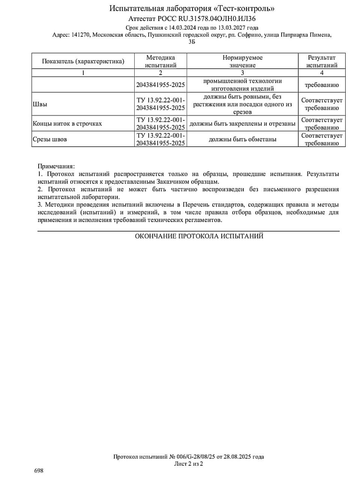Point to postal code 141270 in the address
80,35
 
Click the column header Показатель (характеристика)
83,61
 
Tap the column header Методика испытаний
160,61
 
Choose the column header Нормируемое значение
242,61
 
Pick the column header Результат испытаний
322,61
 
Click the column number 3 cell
242,73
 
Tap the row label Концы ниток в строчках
67,123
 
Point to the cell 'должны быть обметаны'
242,139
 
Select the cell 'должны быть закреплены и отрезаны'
242,123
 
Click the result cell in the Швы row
322,104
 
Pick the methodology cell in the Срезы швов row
160,139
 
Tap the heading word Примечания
56,166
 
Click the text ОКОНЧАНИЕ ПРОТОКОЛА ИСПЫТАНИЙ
199,236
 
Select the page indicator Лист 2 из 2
189,463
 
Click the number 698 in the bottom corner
39,471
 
